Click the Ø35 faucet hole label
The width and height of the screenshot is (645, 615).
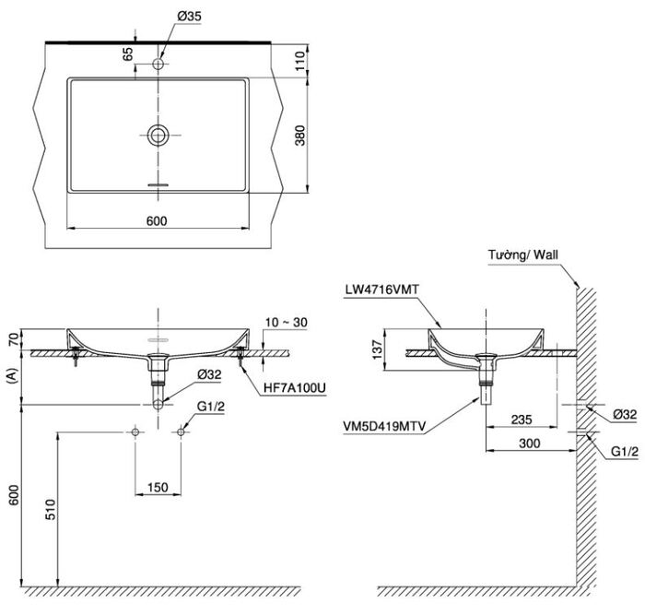click(189, 17)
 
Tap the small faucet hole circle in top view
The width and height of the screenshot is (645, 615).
click(158, 64)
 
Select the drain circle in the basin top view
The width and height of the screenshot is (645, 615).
click(158, 135)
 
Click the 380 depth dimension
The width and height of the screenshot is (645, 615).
click(300, 135)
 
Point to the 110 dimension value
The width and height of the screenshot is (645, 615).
click(300, 61)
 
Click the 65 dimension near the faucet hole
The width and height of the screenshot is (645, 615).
click(128, 53)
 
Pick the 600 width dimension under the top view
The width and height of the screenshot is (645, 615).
click(157, 221)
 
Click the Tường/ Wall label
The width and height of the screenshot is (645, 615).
click(523, 254)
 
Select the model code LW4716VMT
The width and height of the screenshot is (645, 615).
click(381, 290)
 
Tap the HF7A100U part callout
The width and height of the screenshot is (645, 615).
click(295, 387)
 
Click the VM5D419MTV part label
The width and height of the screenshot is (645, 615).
click(384, 427)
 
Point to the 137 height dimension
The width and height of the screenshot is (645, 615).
click(377, 349)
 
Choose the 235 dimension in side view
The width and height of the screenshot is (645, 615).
click(522, 420)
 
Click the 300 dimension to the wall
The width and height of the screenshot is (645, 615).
click(530, 444)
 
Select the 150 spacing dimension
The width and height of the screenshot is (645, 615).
click(158, 488)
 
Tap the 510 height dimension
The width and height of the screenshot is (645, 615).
click(50, 509)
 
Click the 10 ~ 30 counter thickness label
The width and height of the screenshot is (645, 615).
click(287, 323)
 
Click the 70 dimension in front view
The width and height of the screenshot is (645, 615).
click(14, 339)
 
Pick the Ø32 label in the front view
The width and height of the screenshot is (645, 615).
click(209, 374)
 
